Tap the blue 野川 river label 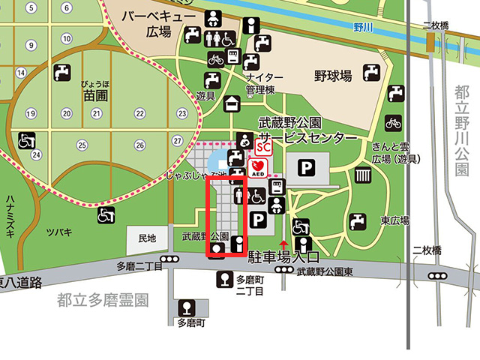[363, 27]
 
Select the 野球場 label [334, 76]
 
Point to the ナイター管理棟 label [265, 83]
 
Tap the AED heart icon [258, 166]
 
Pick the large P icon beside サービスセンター [304, 168]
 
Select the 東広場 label [393, 220]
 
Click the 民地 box [147, 238]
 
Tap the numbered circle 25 [82, 145]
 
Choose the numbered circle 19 [31, 114]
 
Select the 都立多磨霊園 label [103, 301]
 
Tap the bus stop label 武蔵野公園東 [324, 273]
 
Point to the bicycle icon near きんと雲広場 [393, 121]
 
